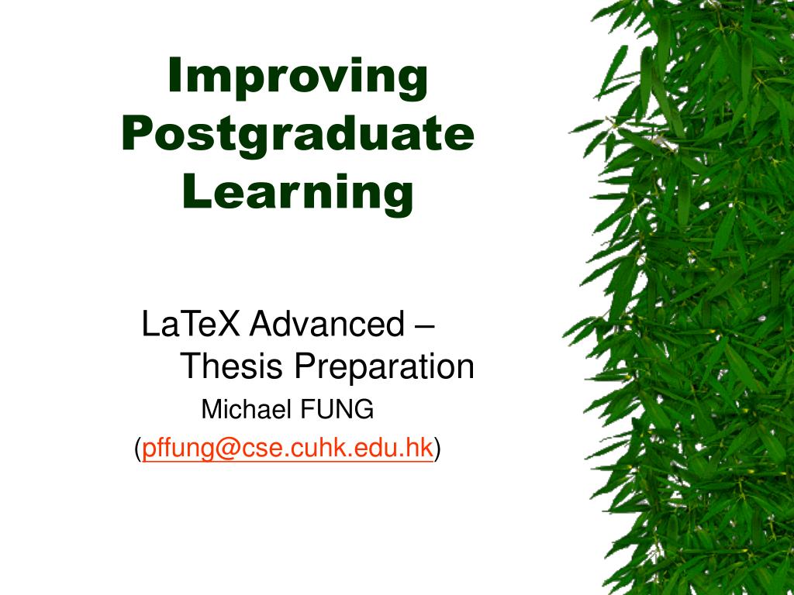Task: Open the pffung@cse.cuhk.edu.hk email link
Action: [287, 448]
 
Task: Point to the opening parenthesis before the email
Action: [138, 449]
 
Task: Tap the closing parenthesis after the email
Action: [437, 449]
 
